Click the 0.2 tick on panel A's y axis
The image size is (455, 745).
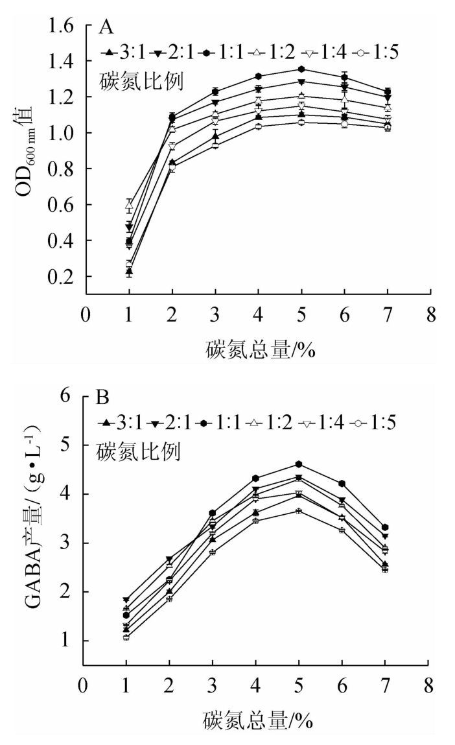(64, 277)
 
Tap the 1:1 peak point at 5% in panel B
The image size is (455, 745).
(299, 464)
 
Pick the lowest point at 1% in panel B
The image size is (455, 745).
(126, 637)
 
